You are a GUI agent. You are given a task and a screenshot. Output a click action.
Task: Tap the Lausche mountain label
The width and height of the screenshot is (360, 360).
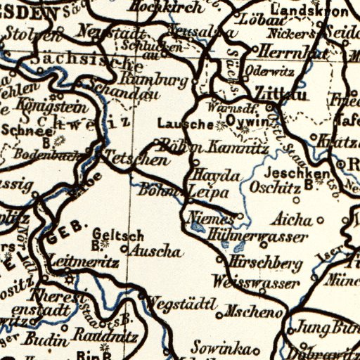(185, 124)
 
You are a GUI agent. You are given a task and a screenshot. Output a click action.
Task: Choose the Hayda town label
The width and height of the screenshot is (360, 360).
(216, 175)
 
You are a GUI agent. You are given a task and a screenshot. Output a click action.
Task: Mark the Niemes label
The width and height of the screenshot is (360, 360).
(207, 219)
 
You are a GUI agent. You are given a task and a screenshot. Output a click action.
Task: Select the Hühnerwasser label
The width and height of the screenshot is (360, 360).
(258, 237)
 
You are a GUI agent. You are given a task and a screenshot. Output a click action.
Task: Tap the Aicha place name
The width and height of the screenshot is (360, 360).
(295, 218)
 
